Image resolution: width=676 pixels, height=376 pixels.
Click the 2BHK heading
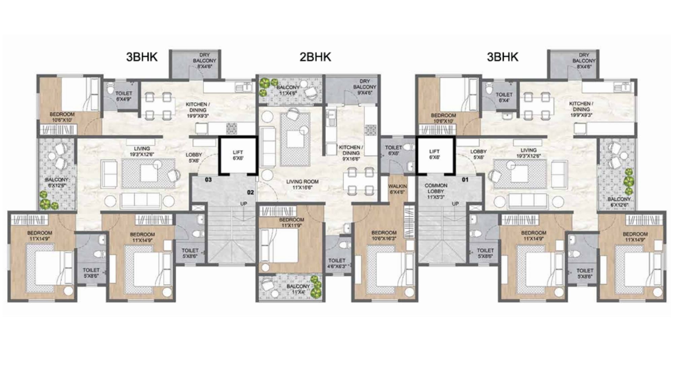pyautogui.click(x=315, y=57)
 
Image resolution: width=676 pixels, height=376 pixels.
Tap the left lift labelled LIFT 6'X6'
pyautogui.click(x=238, y=155)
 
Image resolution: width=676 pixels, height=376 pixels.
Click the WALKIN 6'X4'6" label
pyautogui.click(x=397, y=189)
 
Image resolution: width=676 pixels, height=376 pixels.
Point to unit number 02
pyautogui.click(x=250, y=193)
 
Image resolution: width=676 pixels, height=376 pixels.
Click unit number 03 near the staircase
pyautogui.click(x=208, y=180)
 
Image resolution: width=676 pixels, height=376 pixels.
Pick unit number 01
pyautogui.click(x=465, y=180)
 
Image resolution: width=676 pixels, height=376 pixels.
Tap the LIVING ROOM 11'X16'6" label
pyautogui.click(x=302, y=184)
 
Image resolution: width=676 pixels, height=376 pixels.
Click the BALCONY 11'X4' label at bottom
pyautogui.click(x=298, y=289)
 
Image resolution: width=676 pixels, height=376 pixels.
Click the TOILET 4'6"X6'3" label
pyautogui.click(x=337, y=263)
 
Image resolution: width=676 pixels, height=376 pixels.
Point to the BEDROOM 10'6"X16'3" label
pyautogui.click(x=384, y=236)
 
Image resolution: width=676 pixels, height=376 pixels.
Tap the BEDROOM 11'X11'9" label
pyautogui.click(x=292, y=222)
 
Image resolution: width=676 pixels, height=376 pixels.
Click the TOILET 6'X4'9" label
pyautogui.click(x=124, y=96)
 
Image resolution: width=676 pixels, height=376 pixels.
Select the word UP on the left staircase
pyautogui.click(x=244, y=204)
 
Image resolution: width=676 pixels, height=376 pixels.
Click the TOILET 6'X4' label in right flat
pyautogui.click(x=504, y=97)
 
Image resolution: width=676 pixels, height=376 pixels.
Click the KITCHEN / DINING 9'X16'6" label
pyautogui.click(x=351, y=153)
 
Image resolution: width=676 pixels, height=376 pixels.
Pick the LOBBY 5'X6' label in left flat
pyautogui.click(x=194, y=158)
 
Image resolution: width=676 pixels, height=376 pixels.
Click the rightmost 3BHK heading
pyautogui.click(x=502, y=57)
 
